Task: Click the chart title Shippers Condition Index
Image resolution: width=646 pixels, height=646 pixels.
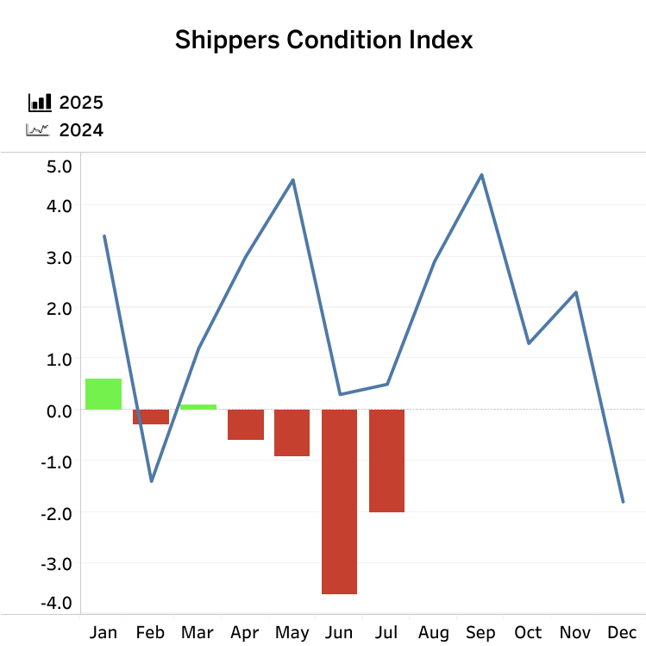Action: pos(323,40)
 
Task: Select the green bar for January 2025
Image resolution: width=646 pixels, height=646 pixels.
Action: pos(103,394)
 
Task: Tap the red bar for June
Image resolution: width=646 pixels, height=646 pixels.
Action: pos(340,501)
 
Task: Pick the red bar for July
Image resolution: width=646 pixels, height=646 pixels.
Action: pos(386,461)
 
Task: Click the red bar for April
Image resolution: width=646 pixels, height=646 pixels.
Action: pos(246,424)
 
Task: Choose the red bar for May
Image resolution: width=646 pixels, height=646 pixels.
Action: pos(292,432)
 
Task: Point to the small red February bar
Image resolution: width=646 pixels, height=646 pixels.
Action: pos(151,417)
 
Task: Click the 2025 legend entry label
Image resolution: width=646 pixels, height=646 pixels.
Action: pos(81,103)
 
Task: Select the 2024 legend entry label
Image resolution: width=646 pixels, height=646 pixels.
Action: pos(81,130)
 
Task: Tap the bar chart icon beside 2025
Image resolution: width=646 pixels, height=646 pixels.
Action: pos(39,103)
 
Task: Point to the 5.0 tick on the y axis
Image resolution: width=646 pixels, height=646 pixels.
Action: pos(60,165)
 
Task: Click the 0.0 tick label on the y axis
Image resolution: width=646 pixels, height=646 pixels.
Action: pos(60,410)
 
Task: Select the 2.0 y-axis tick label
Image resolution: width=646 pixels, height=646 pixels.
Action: pos(60,308)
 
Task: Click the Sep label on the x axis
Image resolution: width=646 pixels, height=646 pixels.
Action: pos(480,633)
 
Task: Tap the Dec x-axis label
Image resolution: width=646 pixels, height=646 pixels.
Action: pos(622,633)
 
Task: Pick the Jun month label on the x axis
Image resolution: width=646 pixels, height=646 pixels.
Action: pos(340,633)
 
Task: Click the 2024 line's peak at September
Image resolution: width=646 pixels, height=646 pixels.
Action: pos(481,175)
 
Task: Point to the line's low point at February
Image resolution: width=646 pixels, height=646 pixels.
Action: pos(151,480)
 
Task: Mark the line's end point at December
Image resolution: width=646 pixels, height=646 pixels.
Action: pos(622,501)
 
